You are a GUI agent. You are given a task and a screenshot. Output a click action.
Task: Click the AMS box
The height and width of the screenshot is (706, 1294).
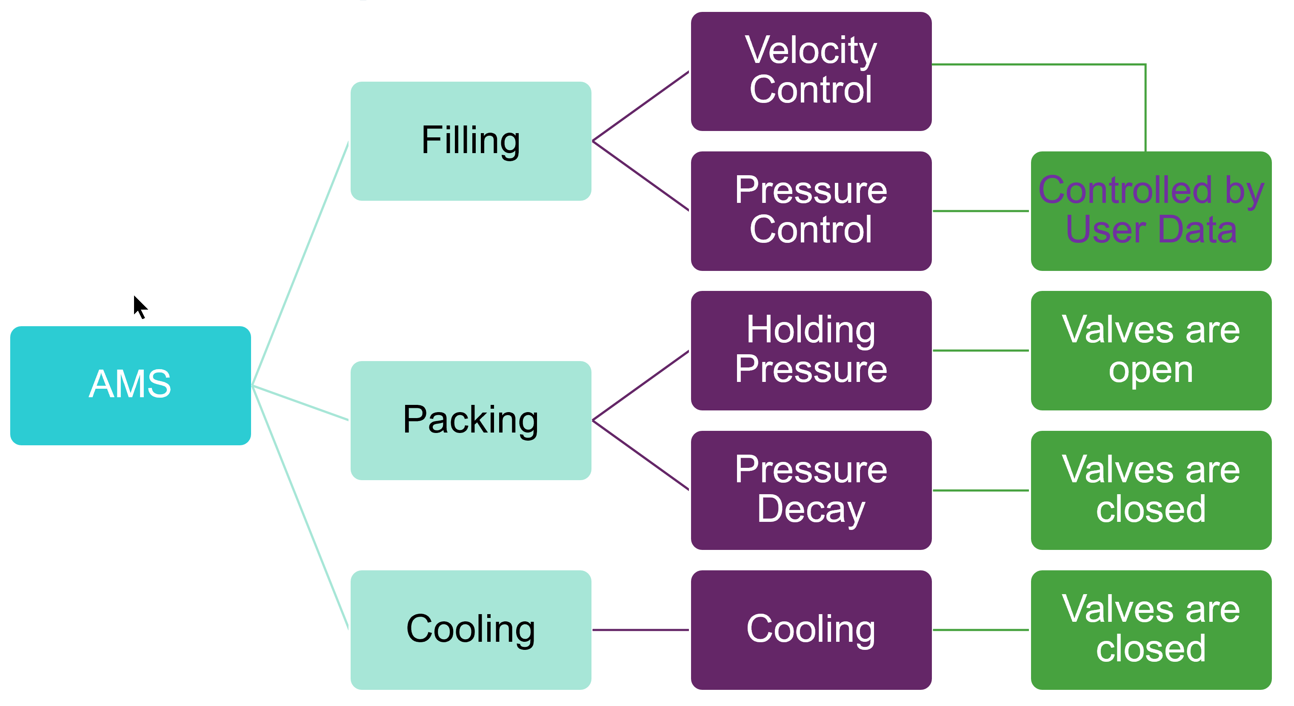130,385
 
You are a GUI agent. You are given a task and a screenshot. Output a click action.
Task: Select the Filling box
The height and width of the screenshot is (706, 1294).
470,141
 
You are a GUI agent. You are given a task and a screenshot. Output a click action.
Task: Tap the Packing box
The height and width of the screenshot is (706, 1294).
470,420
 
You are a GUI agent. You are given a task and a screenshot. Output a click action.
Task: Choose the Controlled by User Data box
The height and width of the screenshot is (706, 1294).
1151,211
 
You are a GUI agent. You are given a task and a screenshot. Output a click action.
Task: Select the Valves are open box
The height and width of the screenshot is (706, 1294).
1151,350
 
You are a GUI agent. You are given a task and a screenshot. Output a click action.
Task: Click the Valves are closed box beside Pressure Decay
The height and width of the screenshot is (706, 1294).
1151,490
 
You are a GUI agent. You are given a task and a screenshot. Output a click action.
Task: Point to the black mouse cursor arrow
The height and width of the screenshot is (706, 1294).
139,306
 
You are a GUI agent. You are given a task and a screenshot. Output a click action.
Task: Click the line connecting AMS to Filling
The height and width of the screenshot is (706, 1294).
300,264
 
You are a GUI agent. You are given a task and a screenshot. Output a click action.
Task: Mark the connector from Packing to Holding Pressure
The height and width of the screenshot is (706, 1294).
640,385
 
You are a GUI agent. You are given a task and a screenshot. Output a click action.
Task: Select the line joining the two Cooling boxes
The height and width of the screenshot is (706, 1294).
640,630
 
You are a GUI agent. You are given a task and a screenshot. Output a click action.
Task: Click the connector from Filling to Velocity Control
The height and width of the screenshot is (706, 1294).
640,106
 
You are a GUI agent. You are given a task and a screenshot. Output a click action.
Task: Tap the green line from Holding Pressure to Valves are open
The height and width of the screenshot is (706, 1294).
980,350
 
